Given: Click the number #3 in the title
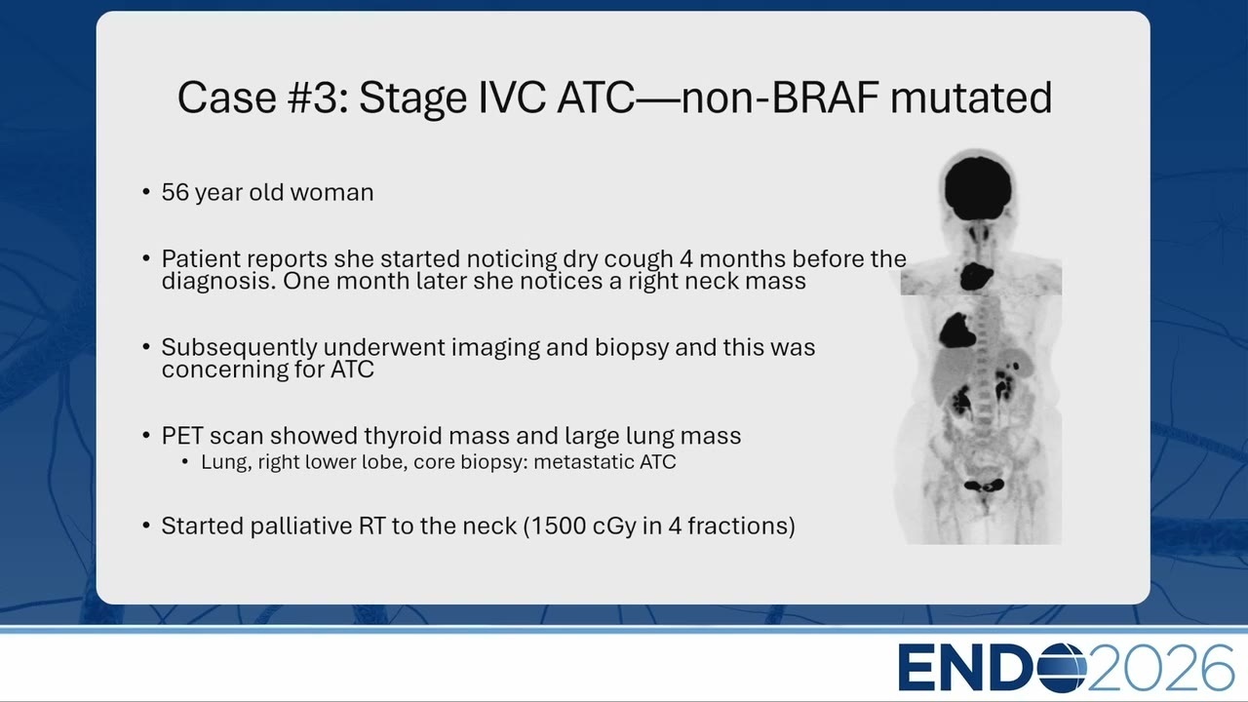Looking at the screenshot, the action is (318, 97).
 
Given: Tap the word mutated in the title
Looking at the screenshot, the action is (971, 97).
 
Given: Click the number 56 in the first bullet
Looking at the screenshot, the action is (175, 193).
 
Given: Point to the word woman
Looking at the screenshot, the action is (331, 193).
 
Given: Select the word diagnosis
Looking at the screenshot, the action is (218, 281).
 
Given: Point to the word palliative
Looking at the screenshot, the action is (301, 526).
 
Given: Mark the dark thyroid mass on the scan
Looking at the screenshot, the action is (976, 276).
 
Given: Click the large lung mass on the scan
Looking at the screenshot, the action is (957, 331).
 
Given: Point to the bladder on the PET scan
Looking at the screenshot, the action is (985, 486).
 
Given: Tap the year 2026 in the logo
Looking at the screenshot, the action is (1160, 668).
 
